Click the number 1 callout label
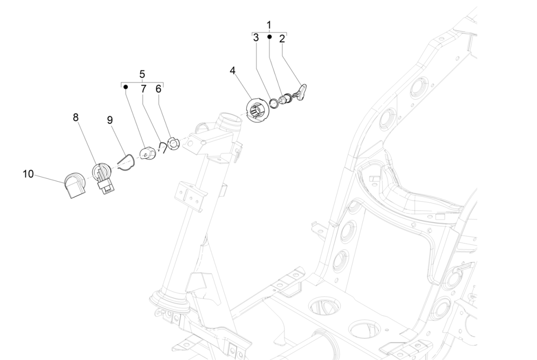[269, 24]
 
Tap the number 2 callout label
[282, 39]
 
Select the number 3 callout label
[256, 39]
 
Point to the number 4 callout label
[233, 70]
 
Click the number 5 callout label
[142, 74]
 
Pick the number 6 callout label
[158, 89]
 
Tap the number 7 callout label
[143, 89]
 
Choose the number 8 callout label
[76, 117]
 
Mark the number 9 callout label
[110, 120]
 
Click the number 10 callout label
[29, 174]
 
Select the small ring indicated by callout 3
[274, 103]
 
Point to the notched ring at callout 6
[173, 144]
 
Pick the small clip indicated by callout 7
[163, 148]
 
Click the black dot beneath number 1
[269, 37]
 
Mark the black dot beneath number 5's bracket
[126, 87]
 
